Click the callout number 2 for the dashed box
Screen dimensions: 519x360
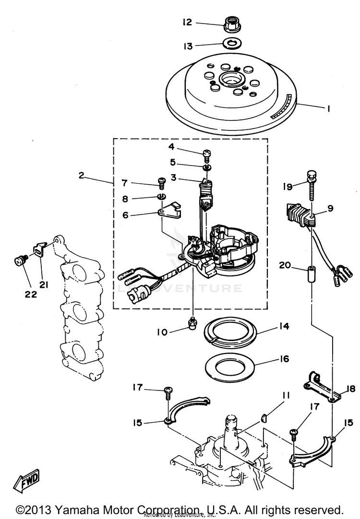[x=82, y=176]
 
